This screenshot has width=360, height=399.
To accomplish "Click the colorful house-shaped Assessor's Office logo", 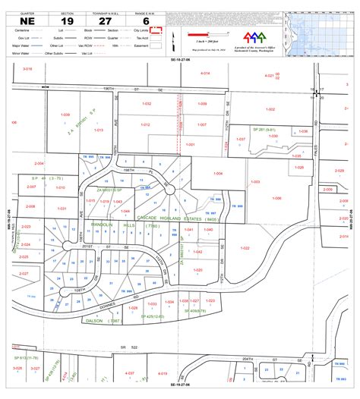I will pos(254,36).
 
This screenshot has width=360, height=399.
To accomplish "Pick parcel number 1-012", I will pos(145,125).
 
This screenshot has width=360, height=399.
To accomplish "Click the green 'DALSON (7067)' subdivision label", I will pos(105,321).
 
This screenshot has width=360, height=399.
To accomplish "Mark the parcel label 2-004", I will pos(39,163).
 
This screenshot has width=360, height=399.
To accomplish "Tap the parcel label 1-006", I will pos(218,174).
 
